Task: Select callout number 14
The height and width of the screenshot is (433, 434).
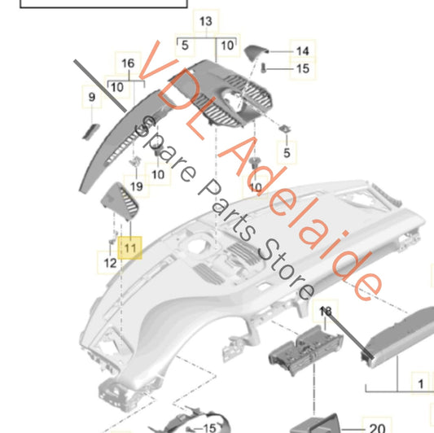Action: pyautogui.click(x=302, y=51)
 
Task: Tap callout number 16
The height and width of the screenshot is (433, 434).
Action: pyautogui.click(x=127, y=63)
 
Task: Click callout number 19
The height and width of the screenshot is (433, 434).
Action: pyautogui.click(x=136, y=186)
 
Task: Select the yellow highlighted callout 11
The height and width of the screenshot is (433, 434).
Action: pyautogui.click(x=130, y=245)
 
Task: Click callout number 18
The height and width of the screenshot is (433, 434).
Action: pyautogui.click(x=326, y=312)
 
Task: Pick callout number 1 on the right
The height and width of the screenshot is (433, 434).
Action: pyautogui.click(x=421, y=382)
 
